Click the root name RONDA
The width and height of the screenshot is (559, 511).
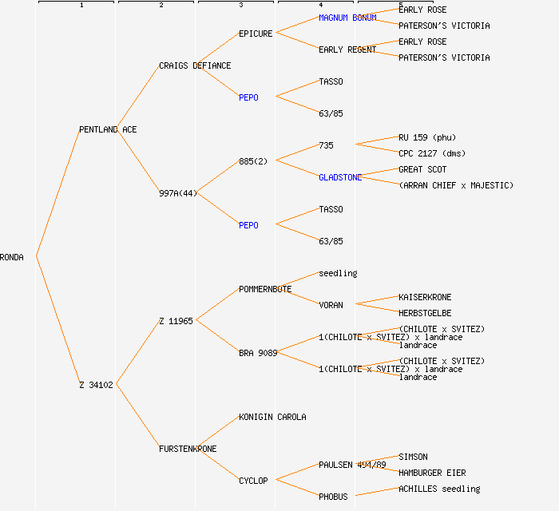pyautogui.click(x=12, y=257)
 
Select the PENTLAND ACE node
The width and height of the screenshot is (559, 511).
pyautogui.click(x=108, y=129)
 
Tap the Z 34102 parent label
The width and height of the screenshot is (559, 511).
pyautogui.click(x=96, y=385)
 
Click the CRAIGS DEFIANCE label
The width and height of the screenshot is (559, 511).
pyautogui.click(x=195, y=65)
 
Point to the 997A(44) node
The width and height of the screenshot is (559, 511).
pyautogui.click(x=177, y=193)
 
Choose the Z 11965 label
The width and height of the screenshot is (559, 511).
pyautogui.click(x=176, y=321)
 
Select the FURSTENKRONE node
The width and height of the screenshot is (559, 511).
pyautogui.click(x=188, y=449)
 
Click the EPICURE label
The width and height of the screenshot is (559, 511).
pyautogui.click(x=256, y=34)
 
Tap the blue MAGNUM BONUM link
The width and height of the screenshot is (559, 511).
pyautogui.click(x=347, y=18)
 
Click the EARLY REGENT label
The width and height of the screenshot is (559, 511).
pyautogui.click(x=347, y=50)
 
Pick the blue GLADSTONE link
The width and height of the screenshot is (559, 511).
pyautogui.click(x=340, y=177)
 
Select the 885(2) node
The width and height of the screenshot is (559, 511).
pyautogui.click(x=253, y=161)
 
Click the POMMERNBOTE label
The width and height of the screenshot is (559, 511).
pyautogui.click(x=265, y=289)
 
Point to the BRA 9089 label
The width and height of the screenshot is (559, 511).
pyautogui.click(x=258, y=353)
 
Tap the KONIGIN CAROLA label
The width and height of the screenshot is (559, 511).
pyautogui.click(x=272, y=417)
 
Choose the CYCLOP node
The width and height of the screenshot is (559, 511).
pyautogui.click(x=253, y=481)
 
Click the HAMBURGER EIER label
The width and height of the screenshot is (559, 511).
pyautogui.click(x=432, y=473)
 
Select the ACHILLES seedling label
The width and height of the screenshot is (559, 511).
pyautogui.click(x=439, y=489)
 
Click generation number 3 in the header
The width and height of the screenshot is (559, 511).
pyautogui.click(x=240, y=6)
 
